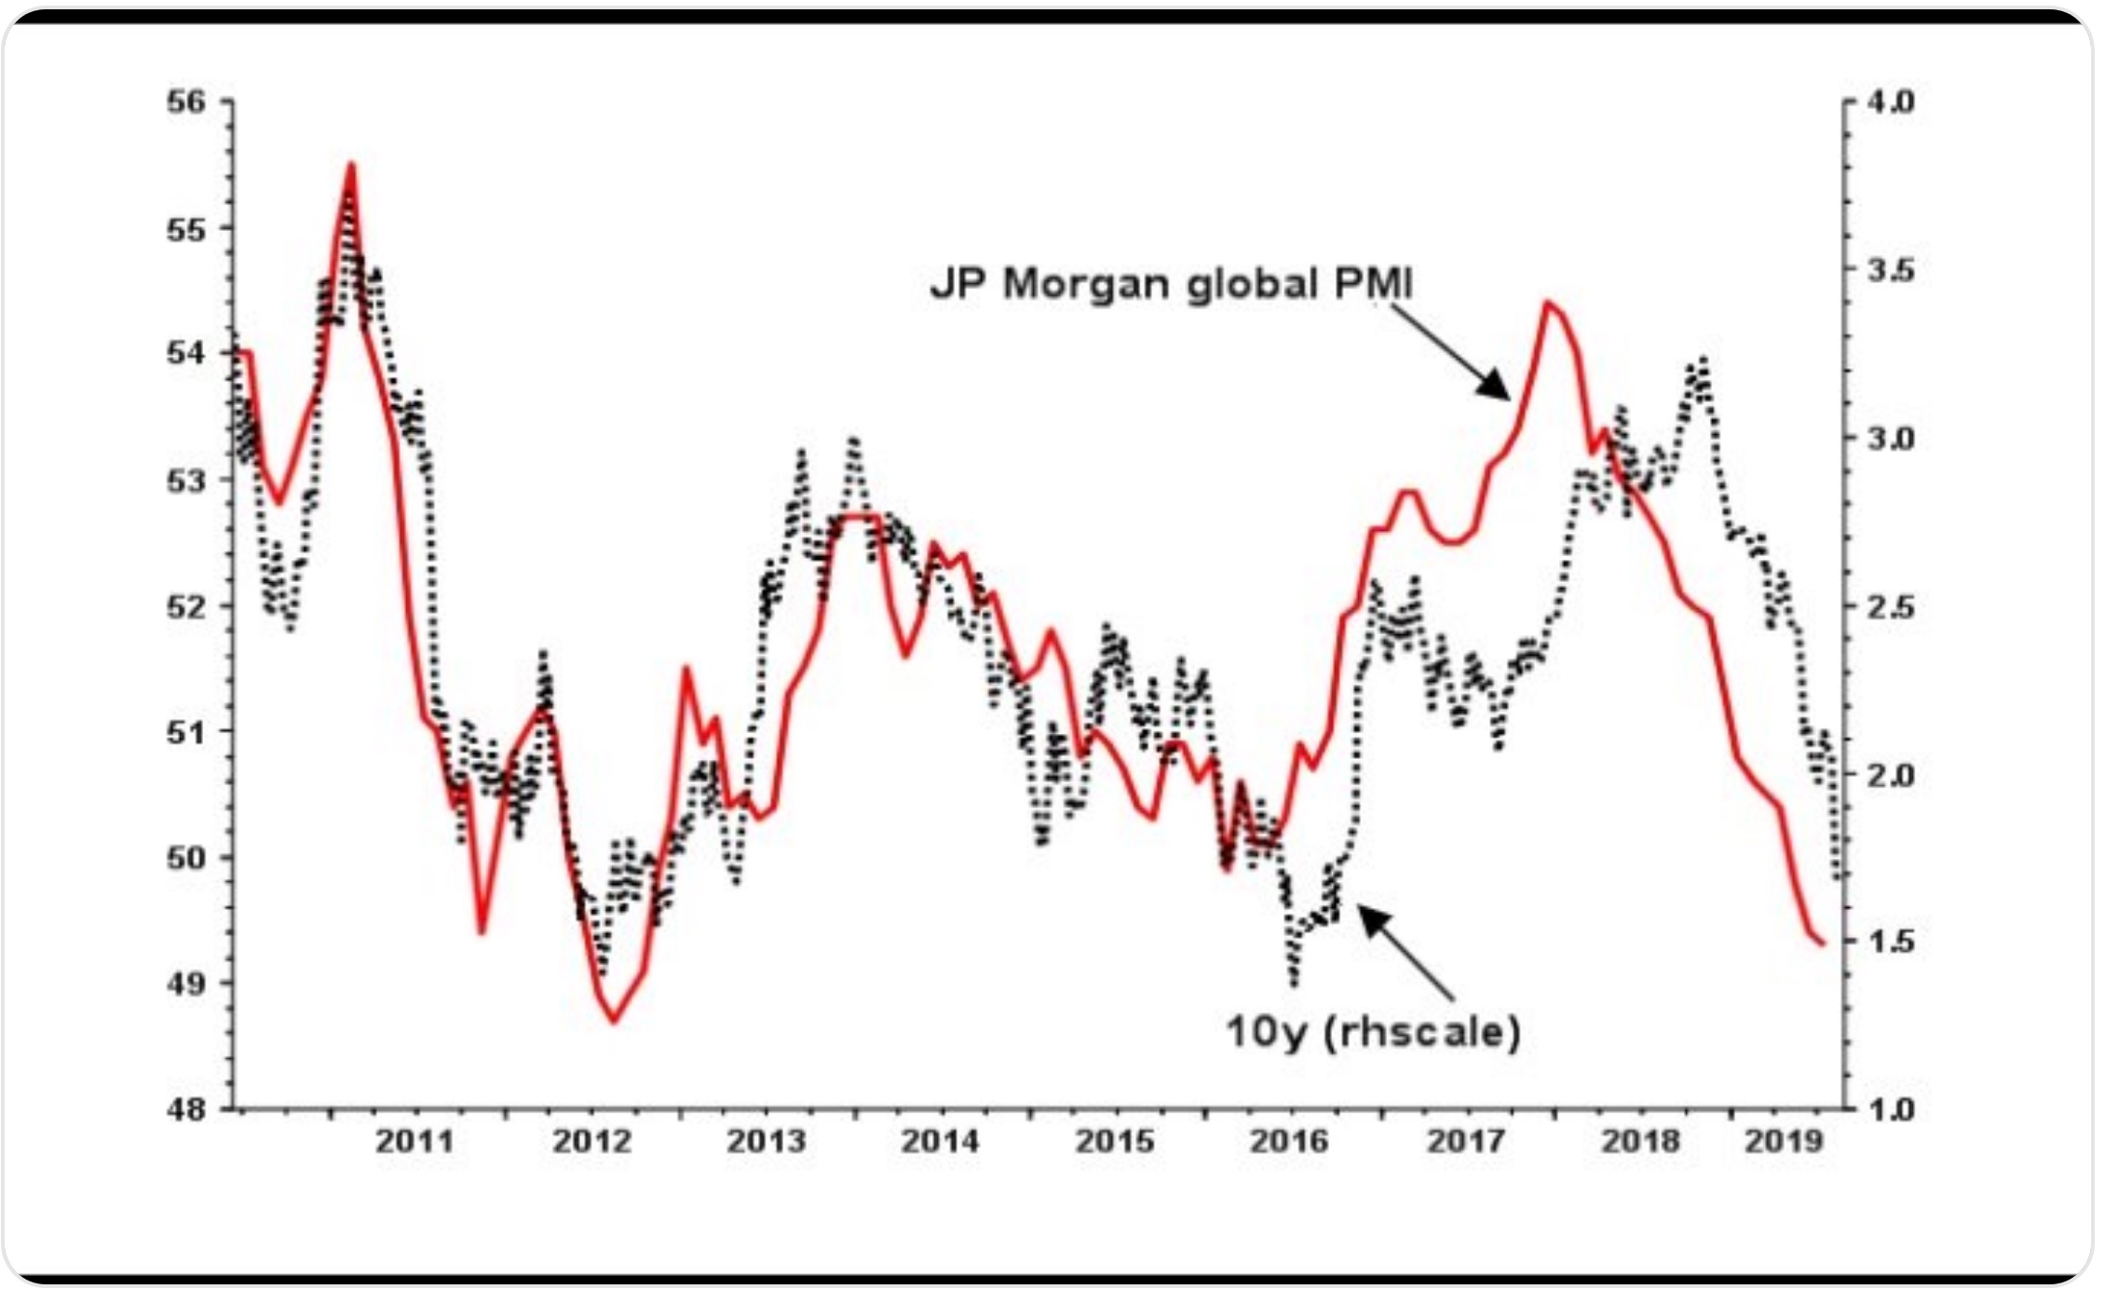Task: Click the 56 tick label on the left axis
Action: click(x=186, y=102)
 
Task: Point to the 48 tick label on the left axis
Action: click(x=186, y=1109)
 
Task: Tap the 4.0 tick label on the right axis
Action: click(x=1891, y=102)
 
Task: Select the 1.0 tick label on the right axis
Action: click(x=1891, y=1109)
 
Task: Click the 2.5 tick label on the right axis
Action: click(x=1891, y=606)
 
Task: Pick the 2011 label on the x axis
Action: click(x=414, y=1141)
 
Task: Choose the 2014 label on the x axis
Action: click(x=940, y=1141)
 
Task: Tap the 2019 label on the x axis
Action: click(x=1783, y=1141)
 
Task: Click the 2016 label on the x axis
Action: click(x=1289, y=1141)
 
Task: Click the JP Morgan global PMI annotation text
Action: click(x=1172, y=283)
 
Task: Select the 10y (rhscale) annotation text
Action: click(x=1373, y=1032)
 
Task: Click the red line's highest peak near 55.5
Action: click(x=351, y=165)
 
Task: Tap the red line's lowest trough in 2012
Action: click(x=614, y=1022)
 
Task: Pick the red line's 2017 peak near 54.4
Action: click(x=1547, y=302)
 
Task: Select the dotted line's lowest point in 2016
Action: click(x=1294, y=983)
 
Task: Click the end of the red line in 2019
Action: click(x=1822, y=944)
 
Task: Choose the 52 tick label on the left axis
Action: click(x=186, y=606)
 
